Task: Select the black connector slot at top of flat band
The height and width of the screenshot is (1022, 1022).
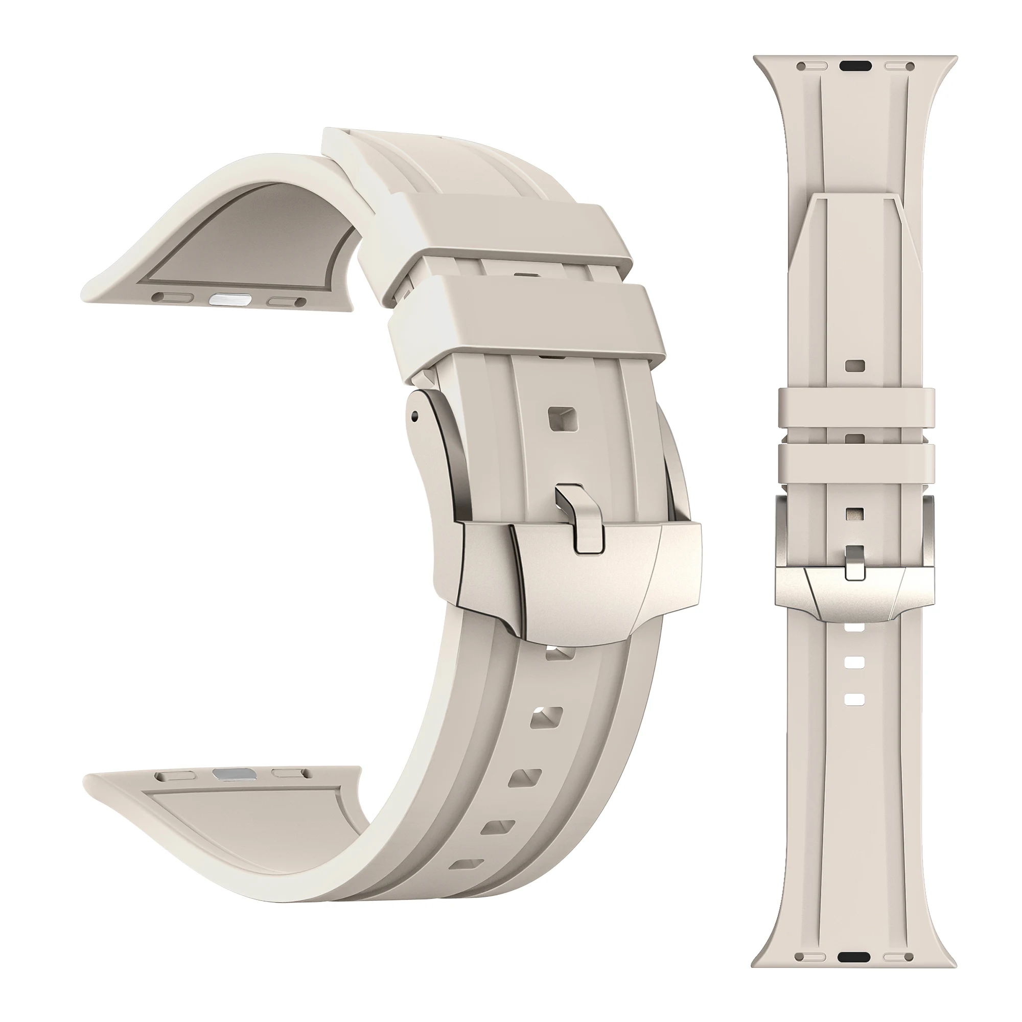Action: [x=855, y=66]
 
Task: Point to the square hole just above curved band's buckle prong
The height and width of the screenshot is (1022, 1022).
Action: [x=561, y=420]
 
